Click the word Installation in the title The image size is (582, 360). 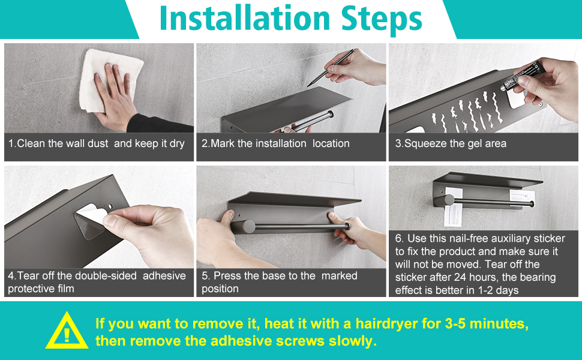click(245, 18)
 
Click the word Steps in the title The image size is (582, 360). click(382, 19)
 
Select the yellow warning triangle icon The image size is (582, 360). click(67, 331)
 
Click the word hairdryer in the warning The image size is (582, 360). click(386, 323)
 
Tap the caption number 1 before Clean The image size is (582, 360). click(11, 143)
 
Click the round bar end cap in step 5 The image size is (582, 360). click(248, 226)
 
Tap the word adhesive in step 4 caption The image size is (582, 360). click(164, 276)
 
